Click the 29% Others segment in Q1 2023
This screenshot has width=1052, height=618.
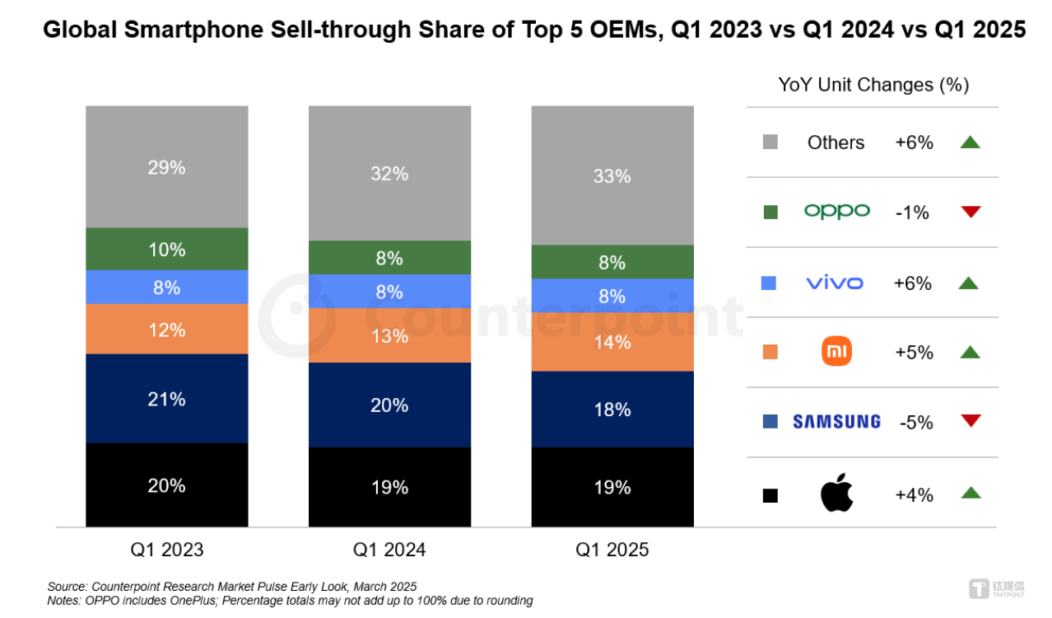point(167,166)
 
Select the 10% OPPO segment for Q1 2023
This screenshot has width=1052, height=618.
point(167,249)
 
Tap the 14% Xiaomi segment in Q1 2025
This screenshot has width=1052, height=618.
point(612,342)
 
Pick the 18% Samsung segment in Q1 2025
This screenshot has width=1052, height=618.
point(612,409)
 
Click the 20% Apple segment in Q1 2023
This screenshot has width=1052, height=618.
point(167,485)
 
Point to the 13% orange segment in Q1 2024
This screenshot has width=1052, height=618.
point(390,335)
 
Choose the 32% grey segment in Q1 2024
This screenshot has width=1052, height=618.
point(390,173)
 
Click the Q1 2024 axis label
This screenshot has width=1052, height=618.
point(389,550)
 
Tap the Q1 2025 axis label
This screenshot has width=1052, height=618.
point(612,550)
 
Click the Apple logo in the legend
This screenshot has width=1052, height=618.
point(836,493)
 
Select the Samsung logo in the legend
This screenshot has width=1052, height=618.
point(836,422)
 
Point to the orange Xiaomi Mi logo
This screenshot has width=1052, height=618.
point(836,351)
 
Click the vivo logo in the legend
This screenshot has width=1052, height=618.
point(835,283)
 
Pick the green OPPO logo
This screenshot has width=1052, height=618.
point(837,212)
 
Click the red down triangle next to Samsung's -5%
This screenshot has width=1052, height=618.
point(971,420)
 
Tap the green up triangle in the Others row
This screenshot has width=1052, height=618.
point(971,142)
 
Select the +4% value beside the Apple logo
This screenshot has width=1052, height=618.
point(914,495)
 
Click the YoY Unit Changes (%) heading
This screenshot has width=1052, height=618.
point(873,85)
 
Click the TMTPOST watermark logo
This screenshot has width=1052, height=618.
point(997,589)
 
